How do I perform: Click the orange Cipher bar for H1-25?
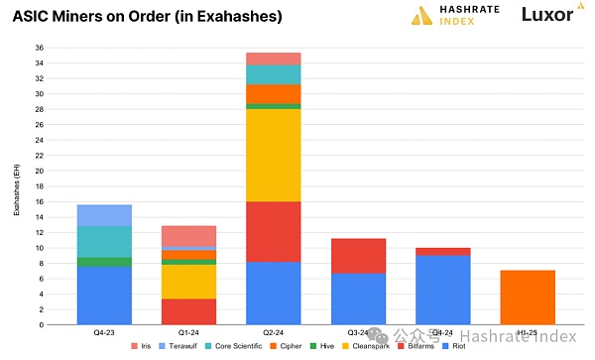click(x=528, y=298)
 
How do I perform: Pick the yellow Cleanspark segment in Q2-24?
click(x=273, y=156)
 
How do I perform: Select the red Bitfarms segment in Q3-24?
click(x=357, y=256)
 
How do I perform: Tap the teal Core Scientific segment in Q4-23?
click(x=104, y=241)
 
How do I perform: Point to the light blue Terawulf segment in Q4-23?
click(x=104, y=215)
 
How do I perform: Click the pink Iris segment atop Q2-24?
click(x=273, y=59)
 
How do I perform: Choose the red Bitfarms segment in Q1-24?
click(x=188, y=311)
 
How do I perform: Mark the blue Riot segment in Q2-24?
click(x=273, y=293)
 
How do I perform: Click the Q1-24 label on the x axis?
click(x=188, y=332)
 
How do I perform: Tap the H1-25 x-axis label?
click(x=528, y=332)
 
